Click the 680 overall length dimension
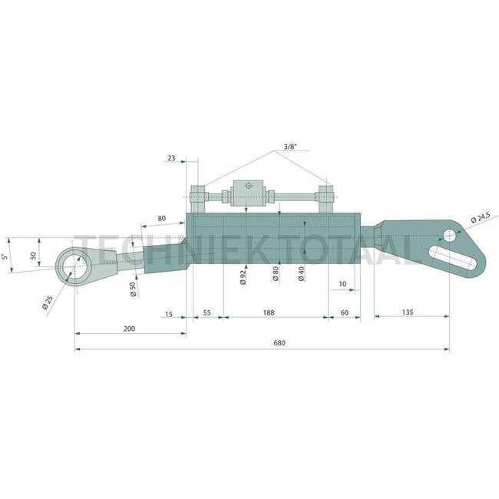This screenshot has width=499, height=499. [x=279, y=343]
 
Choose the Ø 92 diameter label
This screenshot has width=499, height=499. [x=243, y=277]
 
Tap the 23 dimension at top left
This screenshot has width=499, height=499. [x=170, y=157]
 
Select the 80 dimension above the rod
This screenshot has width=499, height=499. [x=161, y=218]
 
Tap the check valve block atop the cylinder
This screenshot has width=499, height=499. [x=247, y=191]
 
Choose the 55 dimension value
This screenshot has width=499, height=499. [x=207, y=313]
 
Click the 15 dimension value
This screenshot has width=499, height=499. [x=169, y=313]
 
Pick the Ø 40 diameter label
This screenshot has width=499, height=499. [x=302, y=274]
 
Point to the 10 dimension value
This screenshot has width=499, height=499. [x=342, y=284]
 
